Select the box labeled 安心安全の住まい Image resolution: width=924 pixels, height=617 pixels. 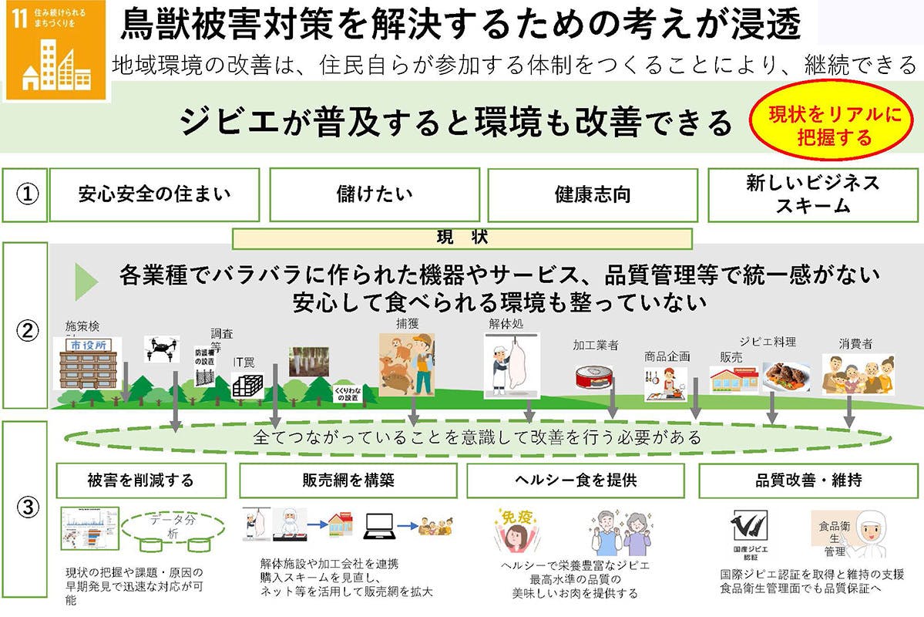pyautogui.click(x=154, y=194)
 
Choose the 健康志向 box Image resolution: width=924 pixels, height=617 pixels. pyautogui.click(x=592, y=194)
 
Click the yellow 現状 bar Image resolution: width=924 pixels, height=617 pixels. pyautogui.click(x=462, y=238)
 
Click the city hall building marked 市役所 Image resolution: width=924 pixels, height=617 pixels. pyautogui.click(x=91, y=362)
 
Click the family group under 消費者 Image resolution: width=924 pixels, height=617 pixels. pyautogui.click(x=858, y=375)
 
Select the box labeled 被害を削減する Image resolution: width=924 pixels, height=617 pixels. pyautogui.click(x=141, y=480)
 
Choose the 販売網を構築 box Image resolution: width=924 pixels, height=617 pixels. pyautogui.click(x=348, y=480)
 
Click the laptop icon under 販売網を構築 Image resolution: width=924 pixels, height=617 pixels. pyautogui.click(x=380, y=526)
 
